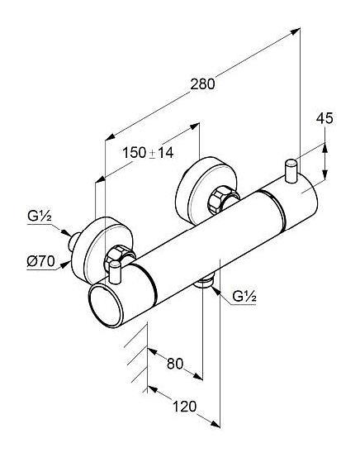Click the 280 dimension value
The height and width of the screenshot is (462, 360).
click(x=202, y=84)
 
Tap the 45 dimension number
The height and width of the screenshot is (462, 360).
click(x=324, y=118)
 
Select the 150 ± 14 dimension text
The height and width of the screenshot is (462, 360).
click(x=148, y=153)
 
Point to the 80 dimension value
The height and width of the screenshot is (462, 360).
click(x=175, y=364)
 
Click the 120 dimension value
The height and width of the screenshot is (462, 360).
click(x=184, y=407)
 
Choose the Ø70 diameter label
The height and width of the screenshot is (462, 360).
click(x=41, y=261)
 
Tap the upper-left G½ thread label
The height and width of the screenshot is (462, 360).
click(x=40, y=217)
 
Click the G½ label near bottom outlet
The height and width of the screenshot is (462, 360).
click(x=244, y=296)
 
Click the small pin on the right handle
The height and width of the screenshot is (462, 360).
click(x=291, y=171)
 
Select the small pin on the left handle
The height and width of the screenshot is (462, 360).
click(x=115, y=273)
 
